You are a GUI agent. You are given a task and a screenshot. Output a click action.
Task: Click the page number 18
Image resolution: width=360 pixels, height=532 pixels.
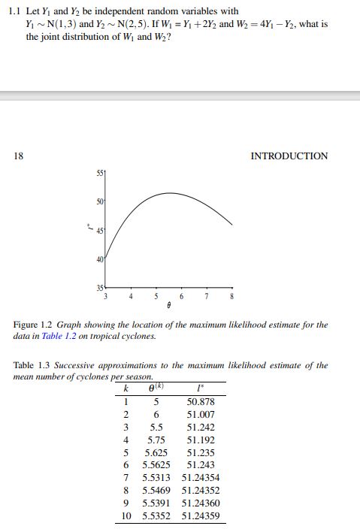(x=18, y=156)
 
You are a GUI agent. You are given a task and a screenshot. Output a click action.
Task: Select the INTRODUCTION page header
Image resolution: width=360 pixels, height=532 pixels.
(x=289, y=156)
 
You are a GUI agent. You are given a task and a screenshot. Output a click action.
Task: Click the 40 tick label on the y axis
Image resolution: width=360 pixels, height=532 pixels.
(x=99, y=260)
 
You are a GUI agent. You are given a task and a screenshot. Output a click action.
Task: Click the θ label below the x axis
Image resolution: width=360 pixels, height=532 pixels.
(x=169, y=307)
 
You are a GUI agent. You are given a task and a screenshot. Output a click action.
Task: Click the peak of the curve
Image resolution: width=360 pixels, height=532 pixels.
(x=170, y=193)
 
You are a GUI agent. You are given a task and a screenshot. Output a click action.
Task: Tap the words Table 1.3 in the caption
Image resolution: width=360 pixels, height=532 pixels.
(x=33, y=365)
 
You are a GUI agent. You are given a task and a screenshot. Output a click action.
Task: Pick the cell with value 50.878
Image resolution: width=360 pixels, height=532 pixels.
(x=201, y=402)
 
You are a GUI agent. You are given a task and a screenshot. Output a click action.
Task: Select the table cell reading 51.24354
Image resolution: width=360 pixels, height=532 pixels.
(x=201, y=477)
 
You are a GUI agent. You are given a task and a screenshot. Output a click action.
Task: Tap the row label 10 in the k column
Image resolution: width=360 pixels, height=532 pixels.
(x=126, y=516)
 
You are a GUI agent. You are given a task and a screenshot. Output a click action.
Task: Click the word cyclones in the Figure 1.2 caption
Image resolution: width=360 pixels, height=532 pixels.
(x=132, y=336)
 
